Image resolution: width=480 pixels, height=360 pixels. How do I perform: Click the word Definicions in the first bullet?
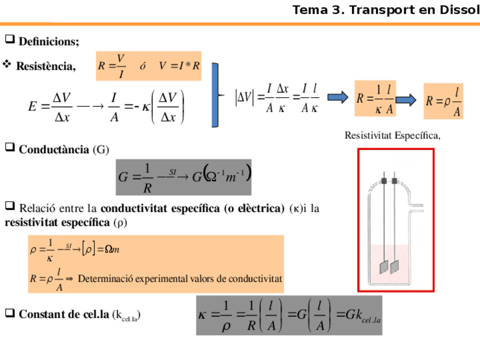point(49,41)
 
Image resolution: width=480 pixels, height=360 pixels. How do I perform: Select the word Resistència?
point(45,67)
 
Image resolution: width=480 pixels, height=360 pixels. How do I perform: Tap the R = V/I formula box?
point(149,66)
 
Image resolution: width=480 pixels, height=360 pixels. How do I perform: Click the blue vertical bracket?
point(215,95)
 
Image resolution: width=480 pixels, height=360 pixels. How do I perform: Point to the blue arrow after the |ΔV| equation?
point(337,97)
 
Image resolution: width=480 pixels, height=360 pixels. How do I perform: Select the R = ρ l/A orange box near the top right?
point(443,101)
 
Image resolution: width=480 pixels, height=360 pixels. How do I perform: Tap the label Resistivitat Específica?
point(392,135)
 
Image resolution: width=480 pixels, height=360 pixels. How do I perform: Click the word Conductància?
point(54,149)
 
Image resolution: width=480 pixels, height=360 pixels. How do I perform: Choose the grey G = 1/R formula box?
point(183,177)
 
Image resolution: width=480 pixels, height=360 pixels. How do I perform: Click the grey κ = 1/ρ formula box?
point(289,315)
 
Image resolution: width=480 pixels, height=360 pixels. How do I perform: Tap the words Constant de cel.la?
point(63,314)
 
